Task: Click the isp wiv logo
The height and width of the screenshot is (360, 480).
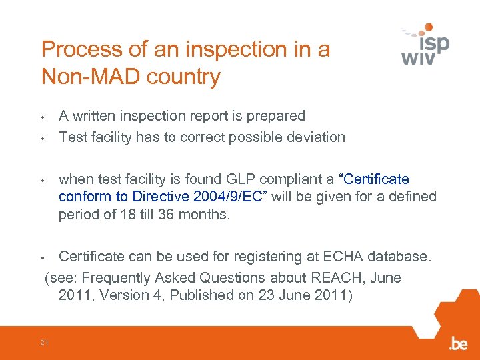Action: [x=426, y=45]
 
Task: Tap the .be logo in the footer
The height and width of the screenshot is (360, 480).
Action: [x=458, y=343]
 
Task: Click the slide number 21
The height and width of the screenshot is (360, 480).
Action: [x=44, y=343]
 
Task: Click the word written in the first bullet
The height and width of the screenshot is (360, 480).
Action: [x=96, y=116]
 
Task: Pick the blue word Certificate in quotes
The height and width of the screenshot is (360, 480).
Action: [x=377, y=179]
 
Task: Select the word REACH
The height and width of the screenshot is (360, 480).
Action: [x=323, y=277]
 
